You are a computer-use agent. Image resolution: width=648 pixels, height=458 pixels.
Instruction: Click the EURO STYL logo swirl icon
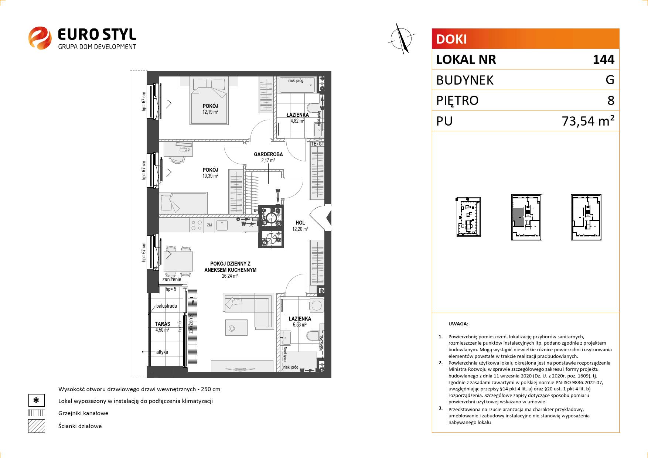tap(40, 38)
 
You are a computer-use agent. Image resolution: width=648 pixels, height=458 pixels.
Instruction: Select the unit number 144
tap(603, 59)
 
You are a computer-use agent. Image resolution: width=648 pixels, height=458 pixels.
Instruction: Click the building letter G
tap(610, 80)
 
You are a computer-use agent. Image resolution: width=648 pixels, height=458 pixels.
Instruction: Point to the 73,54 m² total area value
tap(588, 121)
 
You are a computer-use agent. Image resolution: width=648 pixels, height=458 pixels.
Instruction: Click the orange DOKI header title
tap(451, 39)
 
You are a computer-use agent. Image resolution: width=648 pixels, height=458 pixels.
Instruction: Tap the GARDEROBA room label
tap(268, 154)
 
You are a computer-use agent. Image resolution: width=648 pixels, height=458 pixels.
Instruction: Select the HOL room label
tap(300, 223)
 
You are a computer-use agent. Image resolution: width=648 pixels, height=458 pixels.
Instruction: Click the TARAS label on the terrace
tap(163, 324)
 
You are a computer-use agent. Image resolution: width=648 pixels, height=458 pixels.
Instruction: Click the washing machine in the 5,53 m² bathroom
tap(316, 305)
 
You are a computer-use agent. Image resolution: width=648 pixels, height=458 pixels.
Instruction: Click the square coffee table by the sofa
tap(236, 328)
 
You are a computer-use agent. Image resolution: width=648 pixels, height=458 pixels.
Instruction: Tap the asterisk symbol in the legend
tap(36, 401)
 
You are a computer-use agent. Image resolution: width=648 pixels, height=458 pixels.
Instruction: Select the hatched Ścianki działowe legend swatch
tap(36, 426)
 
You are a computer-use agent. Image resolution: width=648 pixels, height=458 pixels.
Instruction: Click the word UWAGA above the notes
tap(458, 324)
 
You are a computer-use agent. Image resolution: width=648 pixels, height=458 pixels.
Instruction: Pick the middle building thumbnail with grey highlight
tap(526, 217)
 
